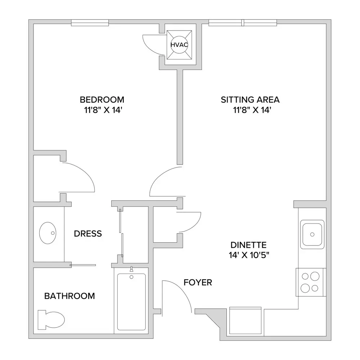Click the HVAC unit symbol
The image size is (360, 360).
[179, 45]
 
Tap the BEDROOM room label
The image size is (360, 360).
[102, 100]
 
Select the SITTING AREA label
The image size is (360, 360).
[250, 100]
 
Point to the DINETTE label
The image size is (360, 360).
[248, 245]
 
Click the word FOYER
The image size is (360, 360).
[198, 283]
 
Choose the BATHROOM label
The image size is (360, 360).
[69, 296]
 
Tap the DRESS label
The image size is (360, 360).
[88, 234]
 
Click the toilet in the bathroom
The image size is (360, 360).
[51, 320]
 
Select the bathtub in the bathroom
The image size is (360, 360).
[131, 302]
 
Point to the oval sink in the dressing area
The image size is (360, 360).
[48, 233]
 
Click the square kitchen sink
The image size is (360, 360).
[312, 234]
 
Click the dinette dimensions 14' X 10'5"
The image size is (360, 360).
[249, 255]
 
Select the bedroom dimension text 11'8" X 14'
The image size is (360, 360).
[102, 110]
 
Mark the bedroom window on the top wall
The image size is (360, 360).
[90, 23]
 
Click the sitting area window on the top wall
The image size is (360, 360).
[243, 23]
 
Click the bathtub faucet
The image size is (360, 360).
[131, 269]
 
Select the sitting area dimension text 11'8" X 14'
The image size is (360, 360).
[252, 110]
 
